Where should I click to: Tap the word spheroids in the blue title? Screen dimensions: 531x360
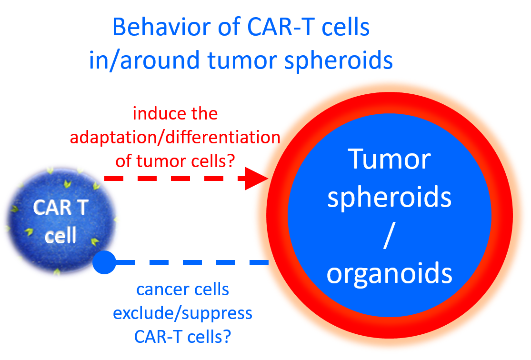[338, 61]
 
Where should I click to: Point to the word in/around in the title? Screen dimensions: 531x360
[144, 60]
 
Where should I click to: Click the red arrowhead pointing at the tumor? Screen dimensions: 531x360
[256, 178]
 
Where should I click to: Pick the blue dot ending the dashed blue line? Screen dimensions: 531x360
[104, 262]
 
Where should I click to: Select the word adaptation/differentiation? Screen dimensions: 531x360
[175, 138]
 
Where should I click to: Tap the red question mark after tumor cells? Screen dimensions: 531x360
[231, 161]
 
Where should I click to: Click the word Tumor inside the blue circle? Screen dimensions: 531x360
[390, 159]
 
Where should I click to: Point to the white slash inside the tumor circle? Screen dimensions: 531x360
[390, 235]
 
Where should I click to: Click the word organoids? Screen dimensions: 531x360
[390, 273]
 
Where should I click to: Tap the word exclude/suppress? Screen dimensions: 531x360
[182, 314]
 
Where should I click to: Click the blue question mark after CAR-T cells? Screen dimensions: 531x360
[227, 337]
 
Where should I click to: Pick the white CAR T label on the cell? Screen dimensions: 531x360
[60, 207]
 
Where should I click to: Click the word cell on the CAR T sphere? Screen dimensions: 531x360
[60, 235]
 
